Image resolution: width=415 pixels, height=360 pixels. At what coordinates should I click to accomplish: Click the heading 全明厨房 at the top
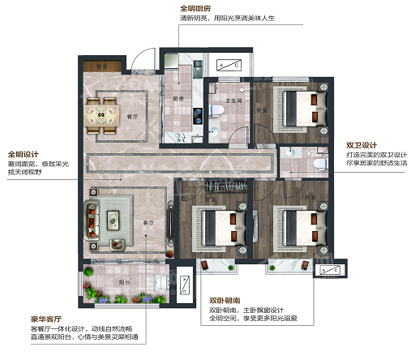195,9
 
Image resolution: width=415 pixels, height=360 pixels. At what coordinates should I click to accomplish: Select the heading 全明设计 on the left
24,154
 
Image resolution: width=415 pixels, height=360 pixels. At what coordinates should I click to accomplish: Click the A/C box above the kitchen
231,65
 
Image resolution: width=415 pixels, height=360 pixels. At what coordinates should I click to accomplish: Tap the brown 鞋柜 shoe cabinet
102,66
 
